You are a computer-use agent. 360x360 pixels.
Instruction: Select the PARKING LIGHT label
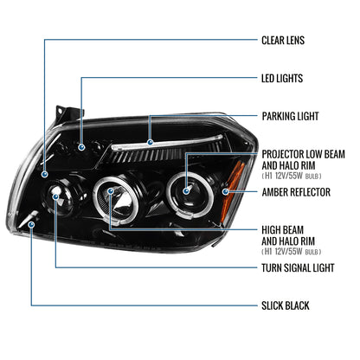click(x=290, y=115)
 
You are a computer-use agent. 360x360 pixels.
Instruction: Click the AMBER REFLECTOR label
click(x=296, y=191)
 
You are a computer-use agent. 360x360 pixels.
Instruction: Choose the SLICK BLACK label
click(x=285, y=305)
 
